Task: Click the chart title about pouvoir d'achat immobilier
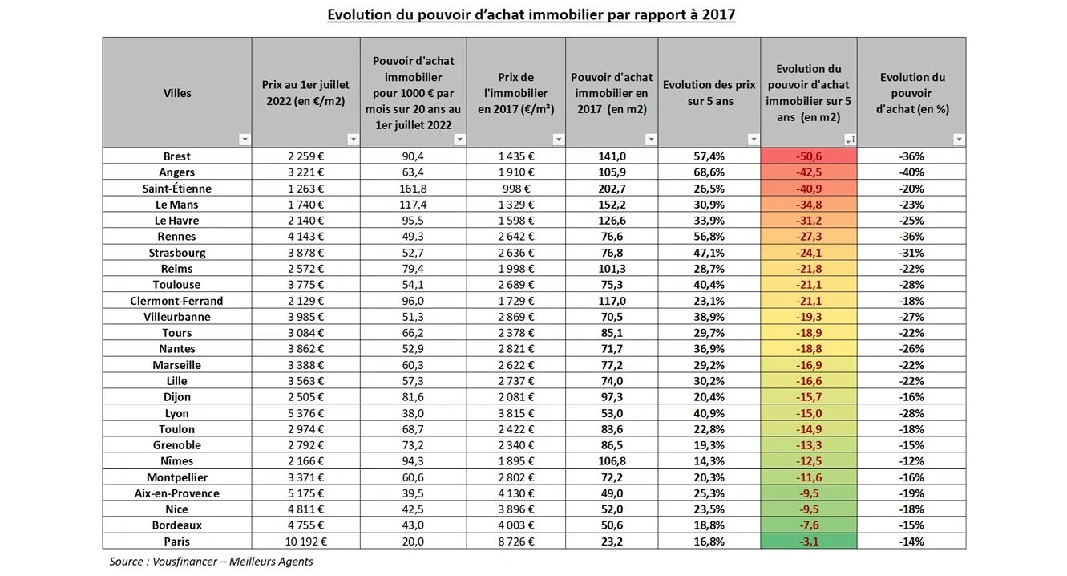[531, 14]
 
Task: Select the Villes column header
[177, 93]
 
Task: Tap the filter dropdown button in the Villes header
[245, 140]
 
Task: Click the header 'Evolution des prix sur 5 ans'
[709, 92]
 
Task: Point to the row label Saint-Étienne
[177, 189]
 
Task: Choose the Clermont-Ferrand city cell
[177, 301]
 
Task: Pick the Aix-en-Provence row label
[177, 493]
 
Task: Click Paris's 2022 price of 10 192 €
[305, 542]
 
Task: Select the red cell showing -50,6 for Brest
[808, 156]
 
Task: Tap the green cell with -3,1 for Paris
[808, 542]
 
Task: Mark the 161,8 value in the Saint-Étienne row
[413, 189]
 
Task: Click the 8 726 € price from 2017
[515, 542]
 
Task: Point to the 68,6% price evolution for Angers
[709, 172]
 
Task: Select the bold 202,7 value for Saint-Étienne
[612, 189]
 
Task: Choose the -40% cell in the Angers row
[911, 172]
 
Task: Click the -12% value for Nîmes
[911, 461]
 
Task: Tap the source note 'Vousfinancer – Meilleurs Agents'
[211, 562]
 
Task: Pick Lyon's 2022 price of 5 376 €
[305, 413]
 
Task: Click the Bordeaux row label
[177, 525]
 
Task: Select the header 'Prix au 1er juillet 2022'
[305, 93]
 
